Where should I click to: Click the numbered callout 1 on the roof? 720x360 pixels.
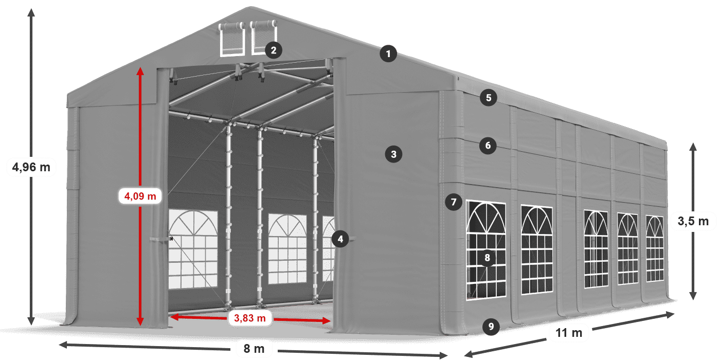coord(388,53)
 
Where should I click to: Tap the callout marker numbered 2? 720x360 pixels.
coord(274,50)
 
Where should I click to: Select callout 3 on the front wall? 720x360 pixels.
coord(393,154)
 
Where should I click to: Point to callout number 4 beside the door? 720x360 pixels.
coord(340,239)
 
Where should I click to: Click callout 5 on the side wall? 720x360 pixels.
coord(489,98)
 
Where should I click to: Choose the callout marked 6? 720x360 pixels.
coord(488,146)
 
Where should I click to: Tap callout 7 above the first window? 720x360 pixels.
coord(454,202)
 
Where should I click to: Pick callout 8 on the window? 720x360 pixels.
coord(488,258)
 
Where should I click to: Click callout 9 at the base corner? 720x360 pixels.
coord(491,327)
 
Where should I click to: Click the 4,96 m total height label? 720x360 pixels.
coord(31,167)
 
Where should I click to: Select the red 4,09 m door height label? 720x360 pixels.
coord(140,196)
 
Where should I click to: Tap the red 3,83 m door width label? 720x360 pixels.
coord(250,318)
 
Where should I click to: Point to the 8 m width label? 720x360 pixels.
coord(254,349)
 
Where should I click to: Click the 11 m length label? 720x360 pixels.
coord(569,333)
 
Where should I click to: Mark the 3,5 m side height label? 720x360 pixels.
coord(693,221)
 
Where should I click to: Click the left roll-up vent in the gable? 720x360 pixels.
coord(232,39)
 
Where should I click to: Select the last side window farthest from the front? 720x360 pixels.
coord(655,248)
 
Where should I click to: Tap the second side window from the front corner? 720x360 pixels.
coord(537,249)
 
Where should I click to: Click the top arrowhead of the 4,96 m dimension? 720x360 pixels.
coord(31,12)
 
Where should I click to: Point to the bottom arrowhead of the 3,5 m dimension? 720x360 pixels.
coord(693,296)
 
